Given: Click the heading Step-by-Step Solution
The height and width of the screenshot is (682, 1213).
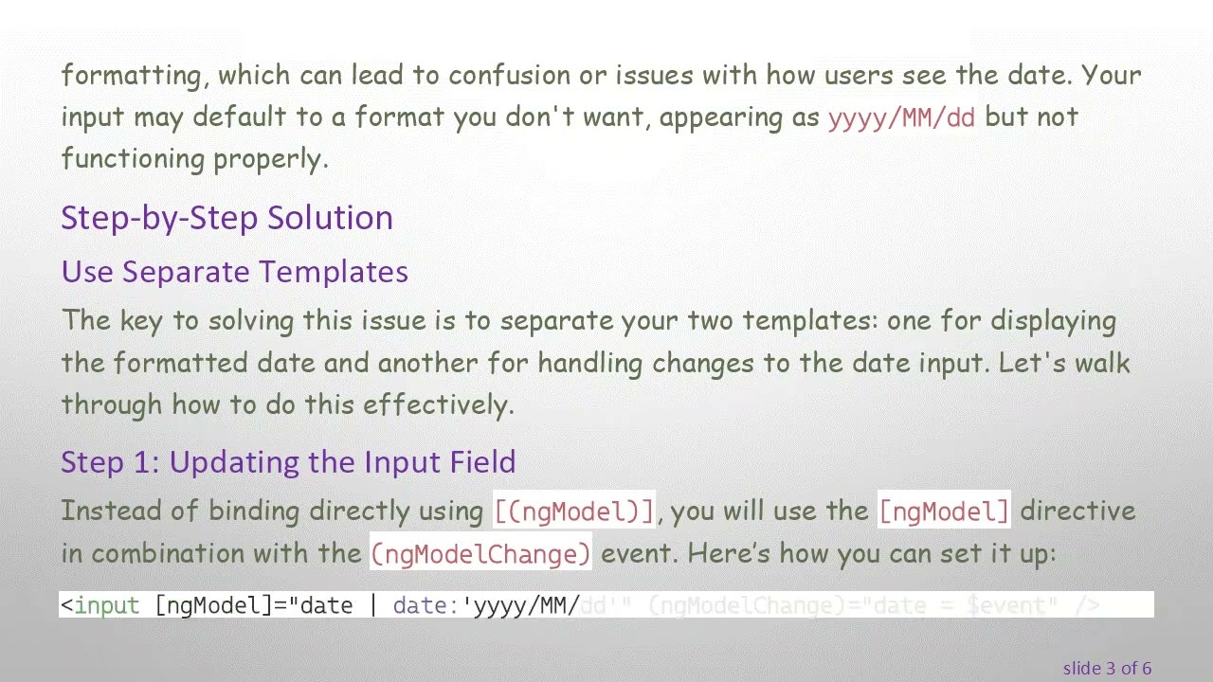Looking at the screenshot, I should (226, 218).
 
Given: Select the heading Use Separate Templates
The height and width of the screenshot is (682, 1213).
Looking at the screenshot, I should (234, 272).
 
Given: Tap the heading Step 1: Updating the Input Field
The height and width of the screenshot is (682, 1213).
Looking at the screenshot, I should (288, 462).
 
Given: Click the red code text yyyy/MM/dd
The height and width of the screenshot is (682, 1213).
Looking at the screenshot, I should (901, 117).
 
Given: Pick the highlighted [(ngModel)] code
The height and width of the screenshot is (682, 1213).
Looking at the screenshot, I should (574, 511).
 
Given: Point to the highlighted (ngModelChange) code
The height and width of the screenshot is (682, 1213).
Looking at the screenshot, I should (481, 553).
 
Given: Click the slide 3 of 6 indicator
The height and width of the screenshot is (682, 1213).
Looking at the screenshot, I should (1107, 668).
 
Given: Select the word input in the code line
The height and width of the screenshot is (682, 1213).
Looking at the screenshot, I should (107, 605).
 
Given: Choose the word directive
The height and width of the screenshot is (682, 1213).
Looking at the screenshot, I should (1077, 511).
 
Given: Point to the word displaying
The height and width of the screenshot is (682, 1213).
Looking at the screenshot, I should (1053, 321).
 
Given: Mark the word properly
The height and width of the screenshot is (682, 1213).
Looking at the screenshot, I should (270, 159).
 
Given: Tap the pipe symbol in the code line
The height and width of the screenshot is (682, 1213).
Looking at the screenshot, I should (373, 605).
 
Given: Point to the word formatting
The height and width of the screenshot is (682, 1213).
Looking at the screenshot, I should (132, 76).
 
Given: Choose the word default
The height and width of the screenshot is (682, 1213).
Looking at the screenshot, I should (242, 117).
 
